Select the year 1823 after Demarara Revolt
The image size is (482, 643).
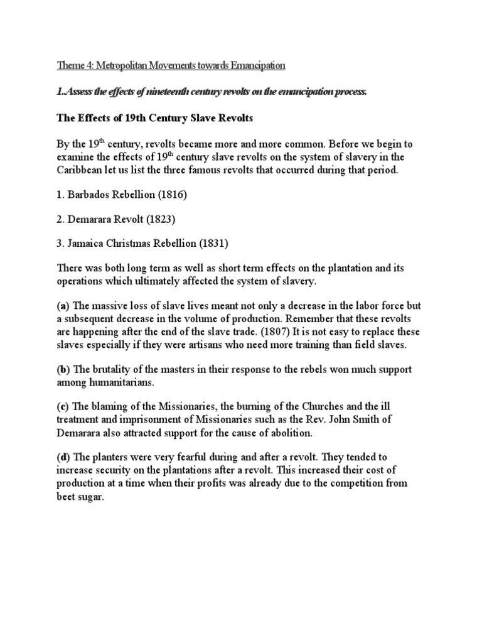(x=165, y=221)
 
